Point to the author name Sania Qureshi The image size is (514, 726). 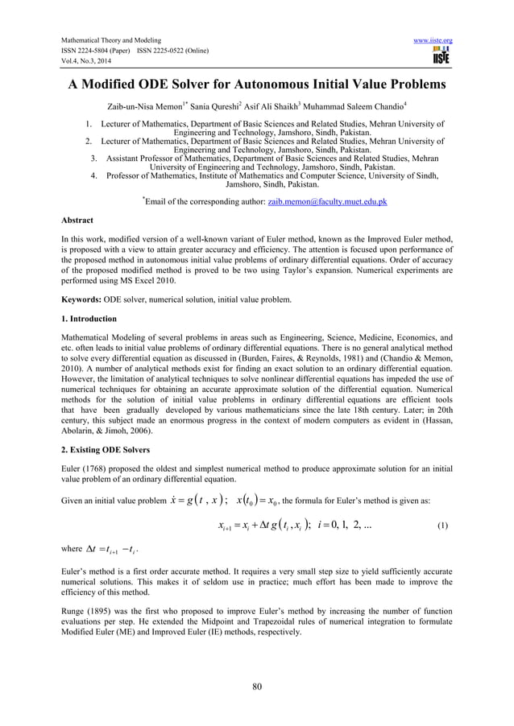point(213,105)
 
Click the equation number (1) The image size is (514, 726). point(442,526)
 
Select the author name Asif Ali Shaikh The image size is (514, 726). point(274,105)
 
